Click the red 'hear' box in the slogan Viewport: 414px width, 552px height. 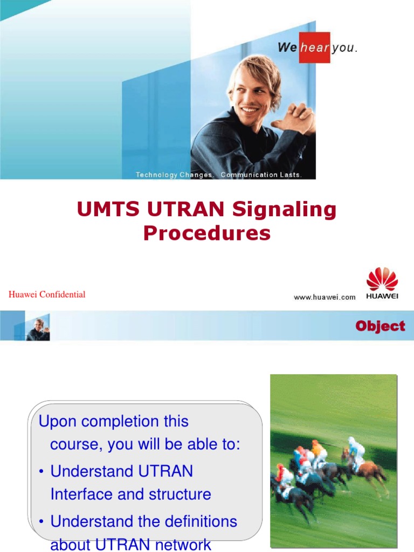[315, 47]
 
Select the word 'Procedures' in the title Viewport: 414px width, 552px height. [207, 233]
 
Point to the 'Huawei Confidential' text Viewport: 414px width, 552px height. [47, 294]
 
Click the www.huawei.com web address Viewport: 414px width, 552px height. [325, 297]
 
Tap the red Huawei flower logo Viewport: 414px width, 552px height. [382, 281]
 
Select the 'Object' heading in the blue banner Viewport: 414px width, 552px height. [380, 326]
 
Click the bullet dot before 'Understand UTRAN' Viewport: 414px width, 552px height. [42, 472]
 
